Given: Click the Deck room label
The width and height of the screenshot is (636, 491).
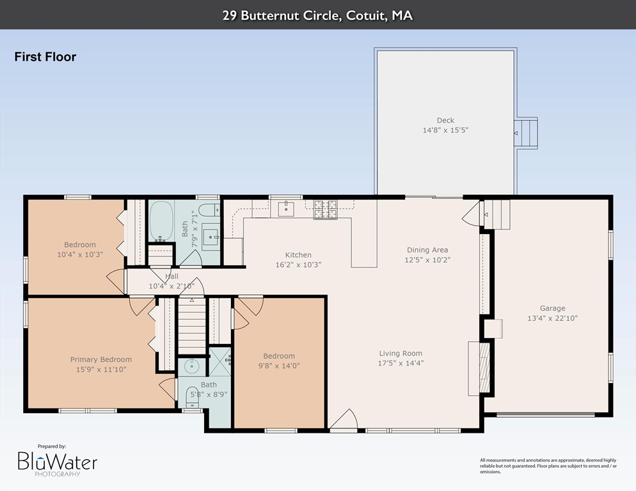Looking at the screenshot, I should pos(445,120).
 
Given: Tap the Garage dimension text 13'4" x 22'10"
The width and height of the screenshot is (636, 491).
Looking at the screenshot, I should pos(552,318).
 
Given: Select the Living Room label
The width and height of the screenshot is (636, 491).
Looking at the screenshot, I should pos(401,353).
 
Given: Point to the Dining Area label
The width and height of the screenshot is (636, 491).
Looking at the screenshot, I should pos(427,250).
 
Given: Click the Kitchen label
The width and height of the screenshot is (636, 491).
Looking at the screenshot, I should pos(298,255).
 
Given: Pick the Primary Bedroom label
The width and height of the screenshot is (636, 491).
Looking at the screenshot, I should pos(101,359).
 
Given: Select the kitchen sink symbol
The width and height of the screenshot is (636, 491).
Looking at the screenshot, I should pos(285,209).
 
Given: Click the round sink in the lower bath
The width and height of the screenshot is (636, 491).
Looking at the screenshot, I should pos(190,366).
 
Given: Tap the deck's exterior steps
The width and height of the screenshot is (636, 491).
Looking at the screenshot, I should pos(527,133).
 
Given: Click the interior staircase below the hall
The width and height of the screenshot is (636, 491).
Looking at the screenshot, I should pos(191,324).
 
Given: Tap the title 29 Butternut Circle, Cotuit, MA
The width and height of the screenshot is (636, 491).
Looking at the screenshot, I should pos(317,15).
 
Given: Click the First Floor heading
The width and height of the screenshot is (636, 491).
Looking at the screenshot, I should pos(45,57).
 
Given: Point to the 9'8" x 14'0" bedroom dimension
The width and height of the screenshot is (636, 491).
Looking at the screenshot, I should pos(279,366).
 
